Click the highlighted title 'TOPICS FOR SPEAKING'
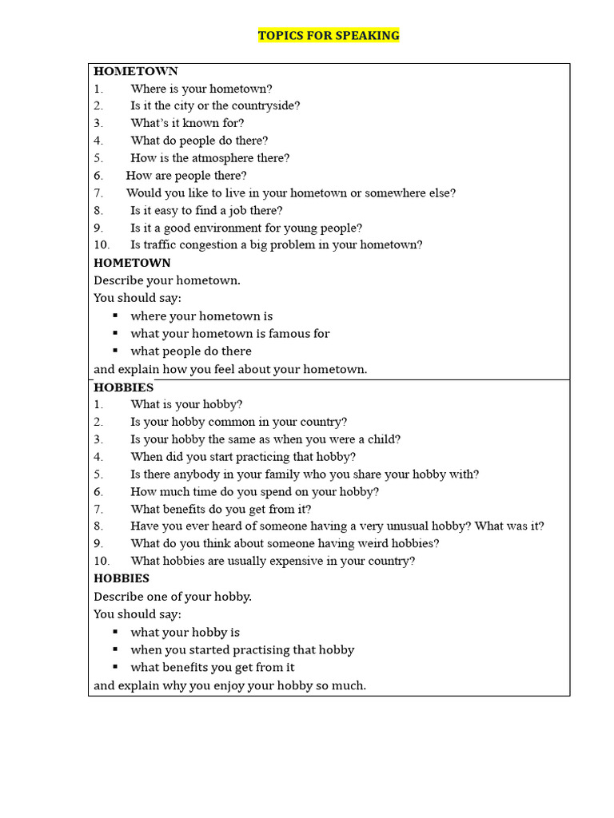pos(329,36)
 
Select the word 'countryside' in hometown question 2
pos(266,105)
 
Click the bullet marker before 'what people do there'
pos(115,351)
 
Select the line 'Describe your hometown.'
pos(167,280)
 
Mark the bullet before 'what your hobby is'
pos(115,632)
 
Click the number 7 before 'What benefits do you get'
pos(98,510)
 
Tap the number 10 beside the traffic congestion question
pos(102,245)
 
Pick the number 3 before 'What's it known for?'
pos(98,123)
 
